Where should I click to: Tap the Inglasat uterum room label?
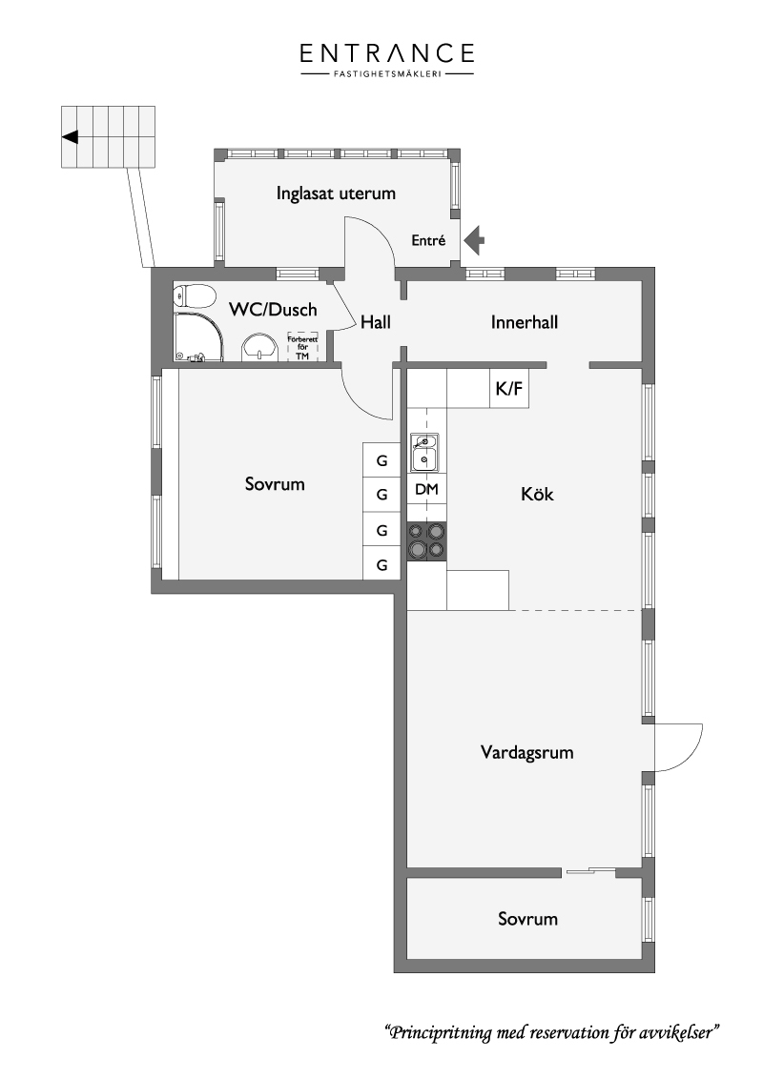coord(336,193)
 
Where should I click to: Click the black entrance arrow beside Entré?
coord(474,241)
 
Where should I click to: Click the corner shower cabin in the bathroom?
coord(198,337)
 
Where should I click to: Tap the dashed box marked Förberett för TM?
coord(303,347)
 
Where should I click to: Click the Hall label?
coord(376,322)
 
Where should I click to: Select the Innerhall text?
coord(524,322)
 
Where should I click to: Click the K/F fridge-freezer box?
coord(509,388)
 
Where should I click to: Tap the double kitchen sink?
coord(424,452)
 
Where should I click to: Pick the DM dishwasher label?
coord(427,489)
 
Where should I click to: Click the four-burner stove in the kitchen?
coord(426,540)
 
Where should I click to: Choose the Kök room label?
coord(537,494)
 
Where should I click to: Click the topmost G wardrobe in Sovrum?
coord(381,460)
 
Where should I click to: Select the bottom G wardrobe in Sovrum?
coord(381,565)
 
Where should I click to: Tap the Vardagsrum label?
coord(526,752)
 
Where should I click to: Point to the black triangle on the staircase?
coord(71,137)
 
